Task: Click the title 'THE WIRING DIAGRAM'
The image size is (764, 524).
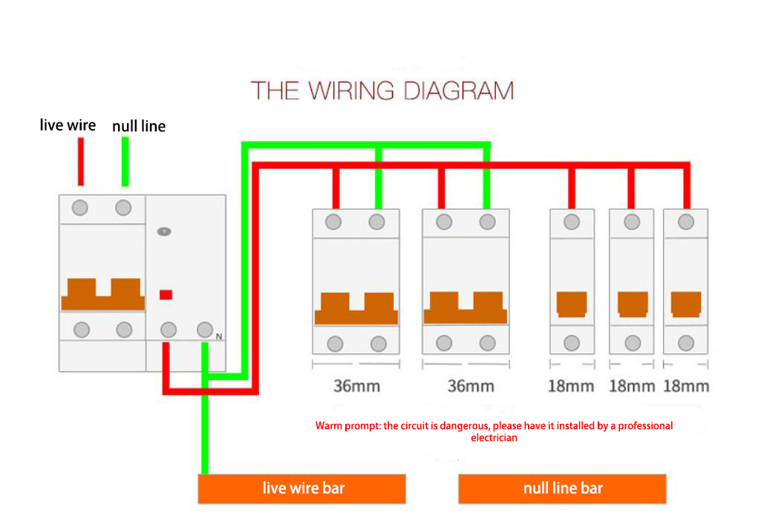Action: pyautogui.click(x=382, y=91)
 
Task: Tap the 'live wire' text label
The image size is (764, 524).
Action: pyautogui.click(x=68, y=125)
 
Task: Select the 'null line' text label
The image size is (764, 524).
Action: pyautogui.click(x=139, y=126)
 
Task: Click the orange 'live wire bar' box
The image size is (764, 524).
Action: pyautogui.click(x=301, y=488)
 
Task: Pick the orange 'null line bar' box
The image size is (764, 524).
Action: pyautogui.click(x=562, y=488)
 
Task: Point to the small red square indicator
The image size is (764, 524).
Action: pyautogui.click(x=166, y=295)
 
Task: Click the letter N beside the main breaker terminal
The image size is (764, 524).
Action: pyautogui.click(x=219, y=336)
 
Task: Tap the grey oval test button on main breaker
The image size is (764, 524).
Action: pyautogui.click(x=164, y=232)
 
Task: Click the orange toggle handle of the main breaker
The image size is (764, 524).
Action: pyautogui.click(x=102, y=294)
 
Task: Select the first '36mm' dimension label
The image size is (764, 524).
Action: pyautogui.click(x=356, y=386)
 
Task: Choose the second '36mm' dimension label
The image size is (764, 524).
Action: pyautogui.click(x=471, y=386)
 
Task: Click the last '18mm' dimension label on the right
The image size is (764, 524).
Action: pyautogui.click(x=686, y=386)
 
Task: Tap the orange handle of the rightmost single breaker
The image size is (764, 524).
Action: pyautogui.click(x=686, y=304)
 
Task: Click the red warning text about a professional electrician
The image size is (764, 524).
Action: pyautogui.click(x=494, y=431)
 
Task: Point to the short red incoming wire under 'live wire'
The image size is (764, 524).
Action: pyautogui.click(x=81, y=162)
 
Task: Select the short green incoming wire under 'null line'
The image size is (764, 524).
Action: pyautogui.click(x=125, y=162)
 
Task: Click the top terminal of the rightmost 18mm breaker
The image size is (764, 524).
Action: pyautogui.click(x=686, y=222)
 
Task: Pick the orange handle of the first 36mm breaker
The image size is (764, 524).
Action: pyautogui.click(x=356, y=308)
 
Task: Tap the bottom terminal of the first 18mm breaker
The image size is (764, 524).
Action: pyautogui.click(x=572, y=343)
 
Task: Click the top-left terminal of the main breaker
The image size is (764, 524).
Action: pyautogui.click(x=80, y=208)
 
